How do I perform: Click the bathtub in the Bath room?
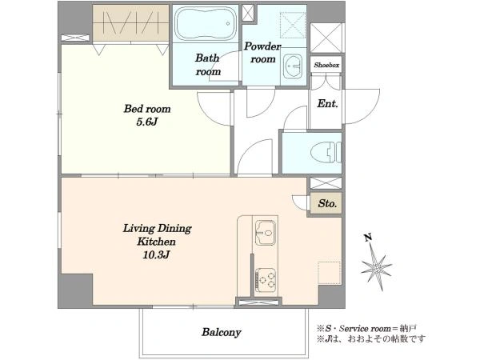click(x=206, y=24)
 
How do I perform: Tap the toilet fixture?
click(x=326, y=152)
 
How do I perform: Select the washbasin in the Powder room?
click(x=293, y=66)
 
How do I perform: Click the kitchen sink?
click(x=265, y=232)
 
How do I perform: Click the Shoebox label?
click(x=326, y=66)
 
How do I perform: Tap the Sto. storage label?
click(x=327, y=203)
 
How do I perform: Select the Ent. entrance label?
click(x=327, y=104)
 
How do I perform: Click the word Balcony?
click(x=222, y=333)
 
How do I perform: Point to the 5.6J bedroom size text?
click(x=147, y=122)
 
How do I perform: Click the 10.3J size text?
click(x=156, y=255)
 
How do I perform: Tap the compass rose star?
click(x=376, y=268)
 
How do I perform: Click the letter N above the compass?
click(x=368, y=238)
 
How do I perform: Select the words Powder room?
click(x=262, y=52)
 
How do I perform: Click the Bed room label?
click(x=147, y=109)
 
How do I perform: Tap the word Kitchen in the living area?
click(x=156, y=242)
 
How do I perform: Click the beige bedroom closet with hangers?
click(x=131, y=22)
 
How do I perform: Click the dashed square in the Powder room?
click(x=293, y=25)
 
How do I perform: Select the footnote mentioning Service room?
click(x=366, y=329)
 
